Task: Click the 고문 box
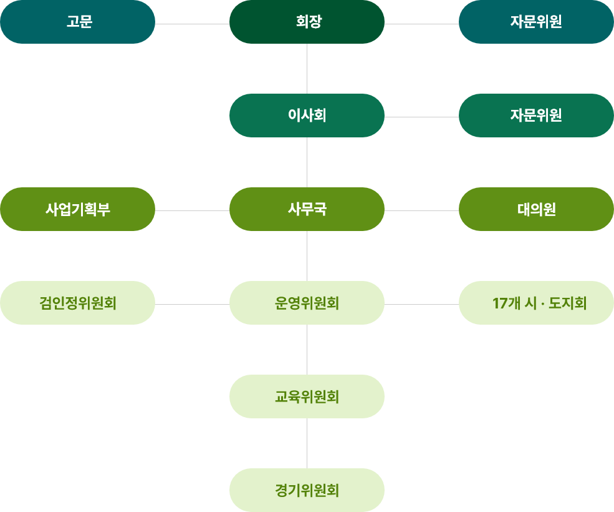[x=77, y=22]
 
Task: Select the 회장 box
[x=307, y=22]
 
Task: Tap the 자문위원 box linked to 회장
[x=536, y=22]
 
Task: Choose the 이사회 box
[x=307, y=116]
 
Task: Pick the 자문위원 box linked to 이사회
[x=536, y=116]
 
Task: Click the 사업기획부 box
[x=77, y=209]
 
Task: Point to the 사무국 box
[x=307, y=209]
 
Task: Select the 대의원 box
[x=536, y=209]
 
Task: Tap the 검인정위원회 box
[x=77, y=303]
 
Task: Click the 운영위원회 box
[x=307, y=303]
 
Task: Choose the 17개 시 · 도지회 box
[x=536, y=303]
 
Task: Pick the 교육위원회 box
[x=307, y=396]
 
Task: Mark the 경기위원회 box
[x=307, y=490]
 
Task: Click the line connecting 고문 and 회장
[x=192, y=24]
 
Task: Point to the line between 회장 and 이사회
[x=307, y=69]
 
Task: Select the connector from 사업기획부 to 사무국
[x=192, y=210]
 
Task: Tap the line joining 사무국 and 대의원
[x=421, y=210]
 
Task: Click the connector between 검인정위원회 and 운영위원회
[x=192, y=304]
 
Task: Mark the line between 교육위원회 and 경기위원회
[x=307, y=443]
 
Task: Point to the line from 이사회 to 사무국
[x=307, y=162]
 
